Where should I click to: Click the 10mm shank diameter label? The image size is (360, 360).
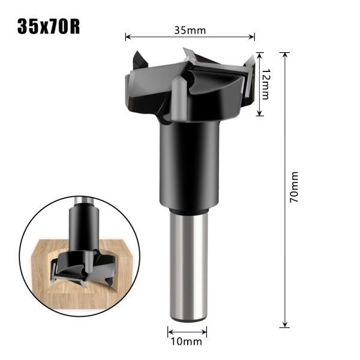187,343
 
